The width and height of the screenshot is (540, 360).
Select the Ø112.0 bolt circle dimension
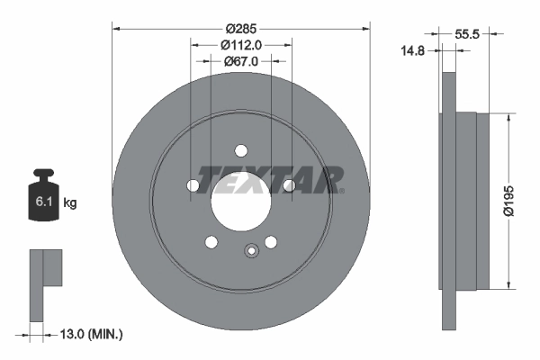(x=240, y=44)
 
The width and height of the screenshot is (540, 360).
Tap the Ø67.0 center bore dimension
(x=240, y=61)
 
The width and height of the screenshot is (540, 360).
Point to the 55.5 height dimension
(x=465, y=33)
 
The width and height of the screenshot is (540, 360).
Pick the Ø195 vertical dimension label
(x=509, y=202)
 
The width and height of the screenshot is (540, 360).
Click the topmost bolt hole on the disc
(x=240, y=150)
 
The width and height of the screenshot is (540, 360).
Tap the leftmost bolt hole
(x=193, y=185)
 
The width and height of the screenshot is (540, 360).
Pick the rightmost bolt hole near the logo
(x=288, y=185)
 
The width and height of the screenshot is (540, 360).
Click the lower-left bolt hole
(x=211, y=241)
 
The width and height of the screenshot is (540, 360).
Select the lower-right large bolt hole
(x=270, y=241)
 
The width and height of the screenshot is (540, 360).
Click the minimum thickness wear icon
(x=44, y=283)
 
